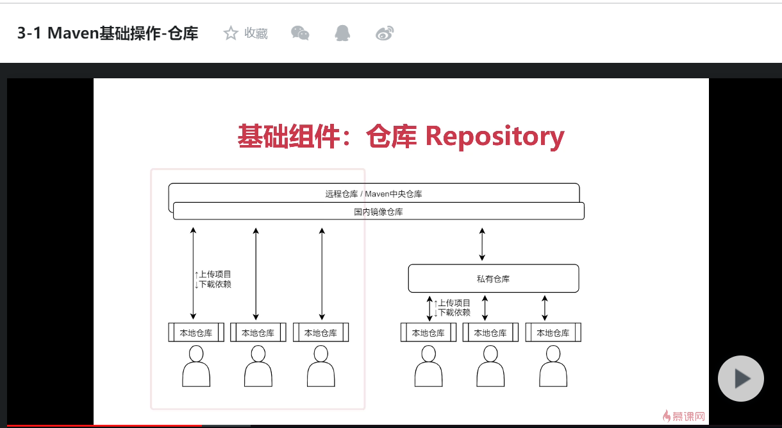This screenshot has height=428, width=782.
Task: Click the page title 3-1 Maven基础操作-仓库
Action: [108, 33]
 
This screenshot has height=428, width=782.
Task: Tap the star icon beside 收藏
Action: [231, 33]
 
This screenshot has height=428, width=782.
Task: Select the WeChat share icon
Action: [300, 33]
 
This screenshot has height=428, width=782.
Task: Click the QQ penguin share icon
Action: [342, 33]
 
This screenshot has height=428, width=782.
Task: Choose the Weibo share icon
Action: [385, 33]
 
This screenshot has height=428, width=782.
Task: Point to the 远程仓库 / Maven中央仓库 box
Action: [374, 193]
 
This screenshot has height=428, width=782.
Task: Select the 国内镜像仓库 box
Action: [378, 211]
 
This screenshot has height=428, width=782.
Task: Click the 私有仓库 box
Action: [494, 278]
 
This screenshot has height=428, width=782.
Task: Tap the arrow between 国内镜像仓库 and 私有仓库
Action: [483, 243]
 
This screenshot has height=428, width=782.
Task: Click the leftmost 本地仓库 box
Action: [196, 332]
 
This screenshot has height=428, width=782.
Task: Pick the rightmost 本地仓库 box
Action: [553, 332]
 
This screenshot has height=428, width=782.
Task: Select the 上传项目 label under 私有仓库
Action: [454, 303]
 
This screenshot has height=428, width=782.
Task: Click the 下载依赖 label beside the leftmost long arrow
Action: [215, 284]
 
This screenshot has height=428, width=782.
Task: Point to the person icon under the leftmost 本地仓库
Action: [196, 366]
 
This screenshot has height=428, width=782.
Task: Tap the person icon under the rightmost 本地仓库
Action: [553, 366]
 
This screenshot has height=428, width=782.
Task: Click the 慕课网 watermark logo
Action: [684, 416]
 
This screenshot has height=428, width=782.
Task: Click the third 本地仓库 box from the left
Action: [320, 332]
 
